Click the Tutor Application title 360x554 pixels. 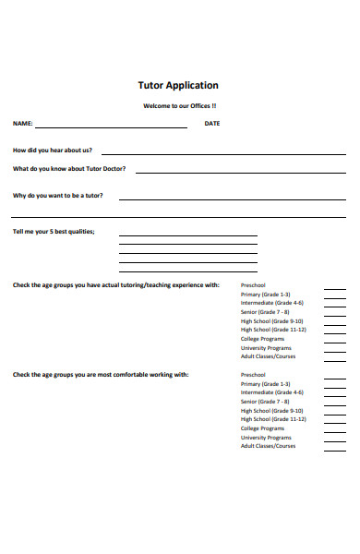(178, 85)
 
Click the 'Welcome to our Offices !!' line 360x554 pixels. (179, 105)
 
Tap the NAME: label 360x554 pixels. (22, 123)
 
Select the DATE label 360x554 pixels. (211, 123)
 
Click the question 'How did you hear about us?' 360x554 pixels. (52, 150)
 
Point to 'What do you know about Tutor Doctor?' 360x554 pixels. (69, 169)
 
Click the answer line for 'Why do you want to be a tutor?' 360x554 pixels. (231, 199)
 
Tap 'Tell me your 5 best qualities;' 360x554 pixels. (54, 231)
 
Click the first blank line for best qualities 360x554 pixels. (187, 235)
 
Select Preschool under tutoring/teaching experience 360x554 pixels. (253, 285)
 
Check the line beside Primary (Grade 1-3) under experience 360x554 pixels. (335, 295)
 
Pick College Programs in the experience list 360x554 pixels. (262, 339)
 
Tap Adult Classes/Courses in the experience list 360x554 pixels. (268, 356)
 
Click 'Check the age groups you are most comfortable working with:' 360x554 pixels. (101, 375)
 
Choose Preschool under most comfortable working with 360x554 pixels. (253, 375)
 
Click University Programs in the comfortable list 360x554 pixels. (266, 437)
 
